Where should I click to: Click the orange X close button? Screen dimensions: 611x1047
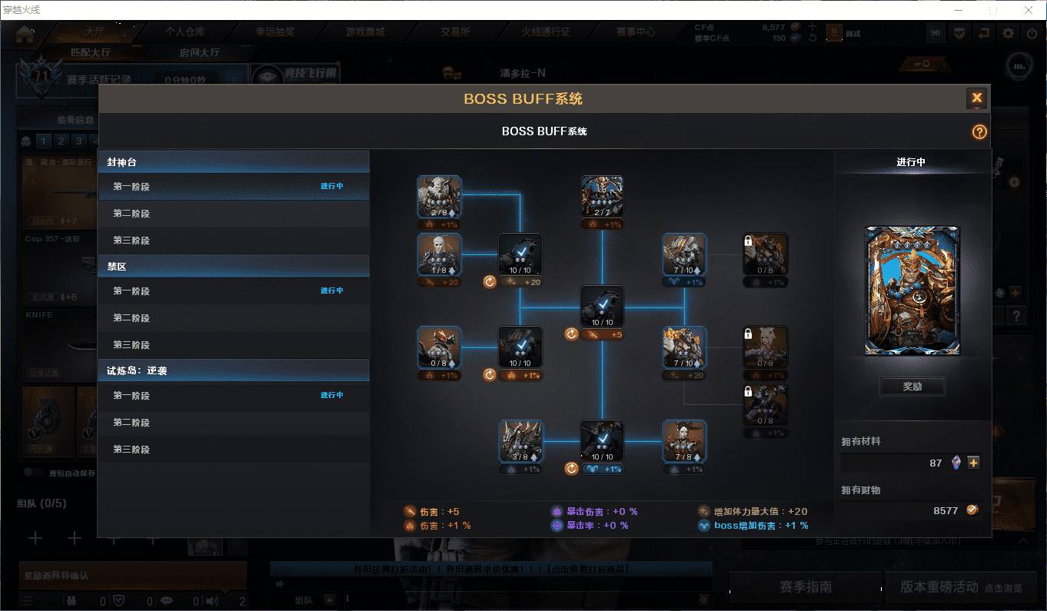[976, 98]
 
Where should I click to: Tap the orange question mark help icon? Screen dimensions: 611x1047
[979, 131]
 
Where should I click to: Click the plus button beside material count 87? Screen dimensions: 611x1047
[973, 463]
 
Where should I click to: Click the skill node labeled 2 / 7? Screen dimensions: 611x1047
[602, 197]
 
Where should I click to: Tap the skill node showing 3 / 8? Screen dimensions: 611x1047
[520, 440]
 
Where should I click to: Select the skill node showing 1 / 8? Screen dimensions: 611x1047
[439, 254]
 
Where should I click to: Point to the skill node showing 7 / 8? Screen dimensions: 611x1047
[684, 440]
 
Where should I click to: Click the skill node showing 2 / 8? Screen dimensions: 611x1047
[439, 197]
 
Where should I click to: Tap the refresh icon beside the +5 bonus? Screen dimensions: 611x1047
[571, 334]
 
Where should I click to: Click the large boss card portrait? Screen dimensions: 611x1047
[912, 291]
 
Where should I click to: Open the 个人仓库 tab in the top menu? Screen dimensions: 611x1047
[185, 32]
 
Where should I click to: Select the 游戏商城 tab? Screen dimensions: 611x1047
[365, 32]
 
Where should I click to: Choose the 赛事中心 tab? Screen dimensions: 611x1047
[635, 32]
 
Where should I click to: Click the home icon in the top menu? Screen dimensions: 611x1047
[25, 33]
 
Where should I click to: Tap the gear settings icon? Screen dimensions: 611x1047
[1008, 34]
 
